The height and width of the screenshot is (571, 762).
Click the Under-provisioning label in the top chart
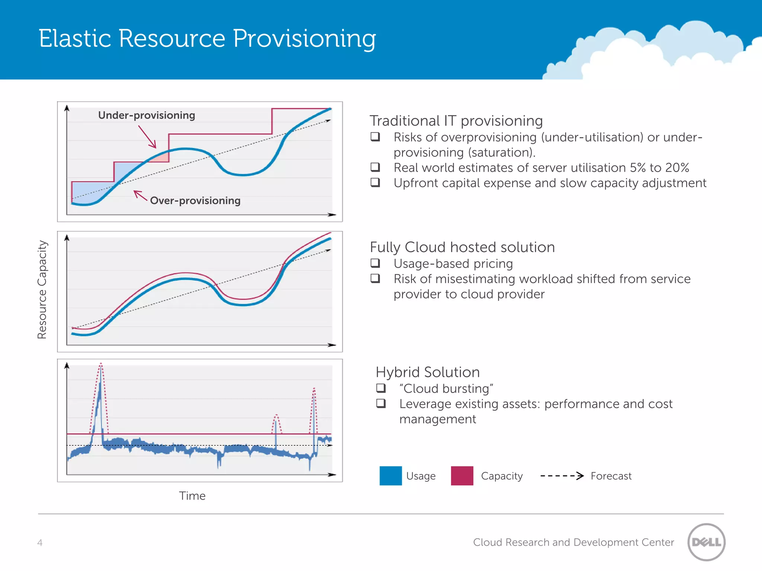(x=147, y=115)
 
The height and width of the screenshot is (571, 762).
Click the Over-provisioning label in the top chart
(x=195, y=201)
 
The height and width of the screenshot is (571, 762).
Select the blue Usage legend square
(x=390, y=475)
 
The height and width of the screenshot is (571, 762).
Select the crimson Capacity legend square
(x=462, y=475)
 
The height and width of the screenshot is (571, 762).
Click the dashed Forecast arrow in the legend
(x=562, y=475)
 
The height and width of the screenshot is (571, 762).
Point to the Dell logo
(x=706, y=542)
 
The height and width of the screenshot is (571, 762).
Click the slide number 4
(x=40, y=543)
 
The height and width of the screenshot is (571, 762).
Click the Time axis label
(x=192, y=496)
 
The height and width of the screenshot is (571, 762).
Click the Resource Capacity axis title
(x=42, y=289)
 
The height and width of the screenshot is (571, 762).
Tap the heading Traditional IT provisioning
(x=456, y=121)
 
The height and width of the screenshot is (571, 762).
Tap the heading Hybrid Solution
(x=428, y=372)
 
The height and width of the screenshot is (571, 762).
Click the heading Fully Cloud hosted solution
(x=462, y=247)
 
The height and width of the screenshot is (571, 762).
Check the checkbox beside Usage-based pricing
(x=375, y=263)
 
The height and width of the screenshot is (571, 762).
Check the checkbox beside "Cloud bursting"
(x=381, y=388)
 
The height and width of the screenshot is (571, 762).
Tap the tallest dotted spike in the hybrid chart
(x=101, y=372)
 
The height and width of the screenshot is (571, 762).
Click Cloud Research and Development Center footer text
(x=573, y=542)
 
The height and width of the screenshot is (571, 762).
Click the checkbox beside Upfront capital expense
(x=375, y=183)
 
